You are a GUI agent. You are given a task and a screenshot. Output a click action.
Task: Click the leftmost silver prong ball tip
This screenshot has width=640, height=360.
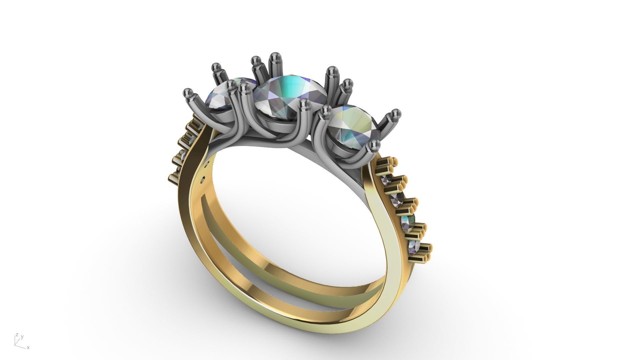(x=188, y=93)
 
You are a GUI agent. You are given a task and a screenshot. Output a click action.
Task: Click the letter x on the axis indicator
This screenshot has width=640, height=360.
(x=28, y=348)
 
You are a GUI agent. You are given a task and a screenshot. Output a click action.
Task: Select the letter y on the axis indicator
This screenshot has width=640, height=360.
(x=22, y=337)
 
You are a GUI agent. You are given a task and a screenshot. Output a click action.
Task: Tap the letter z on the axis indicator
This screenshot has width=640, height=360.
(x=17, y=335)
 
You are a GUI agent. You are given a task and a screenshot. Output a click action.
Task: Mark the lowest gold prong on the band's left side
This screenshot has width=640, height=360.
(x=175, y=177)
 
